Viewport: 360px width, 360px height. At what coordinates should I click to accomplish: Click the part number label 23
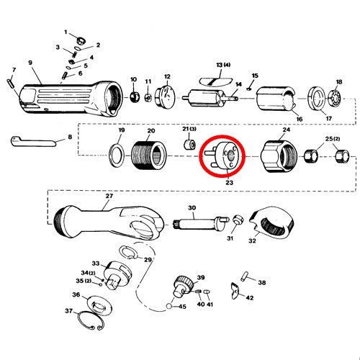(229, 183)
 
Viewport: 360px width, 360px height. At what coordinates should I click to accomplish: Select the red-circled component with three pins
(222, 156)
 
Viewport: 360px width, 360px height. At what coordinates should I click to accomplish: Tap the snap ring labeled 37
(90, 320)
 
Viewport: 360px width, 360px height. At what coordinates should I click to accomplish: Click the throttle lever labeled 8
(33, 142)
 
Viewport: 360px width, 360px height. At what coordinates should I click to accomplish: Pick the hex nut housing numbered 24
(279, 156)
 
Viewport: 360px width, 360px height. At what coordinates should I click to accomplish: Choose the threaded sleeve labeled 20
(149, 155)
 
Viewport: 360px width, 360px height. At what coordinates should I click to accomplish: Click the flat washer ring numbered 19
(117, 156)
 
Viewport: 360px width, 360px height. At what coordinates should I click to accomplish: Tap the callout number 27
(109, 196)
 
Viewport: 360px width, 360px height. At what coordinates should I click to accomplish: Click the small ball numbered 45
(169, 307)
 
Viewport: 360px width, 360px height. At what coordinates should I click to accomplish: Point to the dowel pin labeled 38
(245, 276)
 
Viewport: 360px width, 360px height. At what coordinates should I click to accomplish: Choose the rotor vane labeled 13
(215, 81)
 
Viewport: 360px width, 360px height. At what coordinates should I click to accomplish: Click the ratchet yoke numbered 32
(271, 222)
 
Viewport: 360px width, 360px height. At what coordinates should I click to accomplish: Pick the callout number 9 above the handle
(30, 63)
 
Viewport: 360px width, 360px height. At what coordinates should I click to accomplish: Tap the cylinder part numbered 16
(277, 99)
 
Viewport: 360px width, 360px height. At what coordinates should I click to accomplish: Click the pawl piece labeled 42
(235, 291)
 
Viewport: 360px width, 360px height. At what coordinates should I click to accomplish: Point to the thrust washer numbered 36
(99, 305)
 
